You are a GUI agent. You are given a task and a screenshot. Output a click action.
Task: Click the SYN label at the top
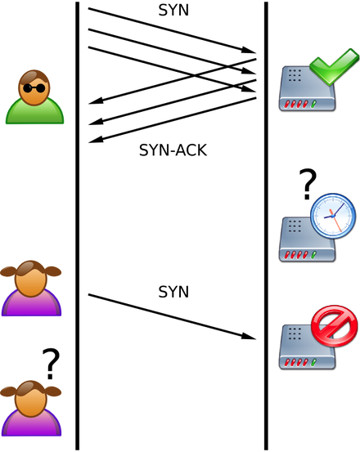[x=173, y=11]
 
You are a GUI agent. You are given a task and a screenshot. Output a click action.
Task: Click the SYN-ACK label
[x=173, y=150]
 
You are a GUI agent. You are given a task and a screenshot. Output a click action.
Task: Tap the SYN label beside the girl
[x=173, y=292]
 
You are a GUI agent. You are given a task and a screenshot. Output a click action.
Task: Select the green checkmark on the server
[x=335, y=67]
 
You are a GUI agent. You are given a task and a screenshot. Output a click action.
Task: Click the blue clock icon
[x=333, y=216]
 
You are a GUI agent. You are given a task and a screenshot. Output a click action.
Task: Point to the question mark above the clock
[x=308, y=184]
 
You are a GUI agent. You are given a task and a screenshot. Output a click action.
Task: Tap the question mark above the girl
[x=51, y=364]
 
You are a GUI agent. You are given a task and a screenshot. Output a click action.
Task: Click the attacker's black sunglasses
[x=34, y=88]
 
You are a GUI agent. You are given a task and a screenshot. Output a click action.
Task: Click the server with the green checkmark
[x=307, y=88]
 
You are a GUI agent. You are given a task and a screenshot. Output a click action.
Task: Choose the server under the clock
[x=307, y=239]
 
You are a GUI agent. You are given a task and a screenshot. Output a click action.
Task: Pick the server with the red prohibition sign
[x=307, y=347]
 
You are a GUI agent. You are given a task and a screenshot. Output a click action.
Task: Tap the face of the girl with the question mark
[x=31, y=400]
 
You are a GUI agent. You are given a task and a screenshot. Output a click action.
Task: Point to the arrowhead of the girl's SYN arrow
[x=249, y=337]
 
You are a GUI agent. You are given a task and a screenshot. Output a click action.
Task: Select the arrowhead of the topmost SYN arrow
[x=249, y=50]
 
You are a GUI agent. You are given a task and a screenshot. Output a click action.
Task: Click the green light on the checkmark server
[x=313, y=104]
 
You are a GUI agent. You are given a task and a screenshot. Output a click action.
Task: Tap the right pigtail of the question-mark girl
[x=54, y=392]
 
